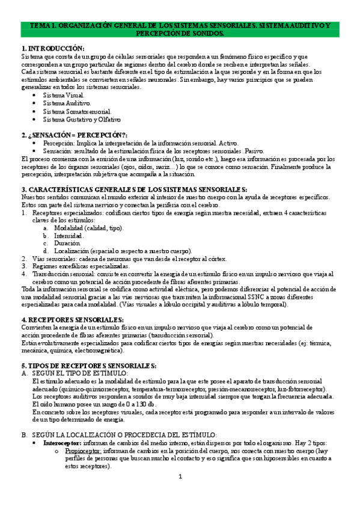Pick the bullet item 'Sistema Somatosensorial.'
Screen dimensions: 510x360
(77, 111)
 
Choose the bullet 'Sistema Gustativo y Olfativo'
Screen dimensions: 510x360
(82, 119)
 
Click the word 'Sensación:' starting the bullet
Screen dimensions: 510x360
(58, 151)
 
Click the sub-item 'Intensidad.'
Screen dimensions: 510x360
(69, 236)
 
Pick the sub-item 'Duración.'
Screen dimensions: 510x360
(67, 244)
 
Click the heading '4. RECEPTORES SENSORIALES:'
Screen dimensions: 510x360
(72, 320)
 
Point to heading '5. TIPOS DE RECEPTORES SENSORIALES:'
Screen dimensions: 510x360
(88, 366)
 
